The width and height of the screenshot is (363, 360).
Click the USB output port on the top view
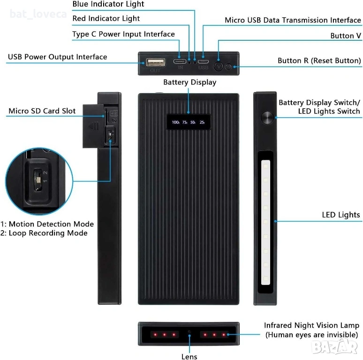click(x=155, y=62)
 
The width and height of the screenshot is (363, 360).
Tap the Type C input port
click(x=180, y=61)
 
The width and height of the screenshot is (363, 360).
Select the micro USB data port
click(x=203, y=61)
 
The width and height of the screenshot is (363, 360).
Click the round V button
click(x=219, y=66)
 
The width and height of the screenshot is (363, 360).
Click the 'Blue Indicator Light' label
click(x=108, y=4)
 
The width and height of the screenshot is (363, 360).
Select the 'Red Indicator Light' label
click(x=106, y=19)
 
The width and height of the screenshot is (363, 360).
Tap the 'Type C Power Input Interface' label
click(x=123, y=34)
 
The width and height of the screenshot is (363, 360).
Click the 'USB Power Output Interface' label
click(x=57, y=57)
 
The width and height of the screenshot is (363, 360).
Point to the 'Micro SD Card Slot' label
click(x=42, y=112)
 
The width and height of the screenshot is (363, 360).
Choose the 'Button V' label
click(x=342, y=36)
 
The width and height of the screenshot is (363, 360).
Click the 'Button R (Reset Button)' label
click(x=319, y=61)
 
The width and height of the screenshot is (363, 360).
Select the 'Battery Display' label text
click(x=189, y=82)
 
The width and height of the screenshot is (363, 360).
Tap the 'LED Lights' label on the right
click(x=340, y=215)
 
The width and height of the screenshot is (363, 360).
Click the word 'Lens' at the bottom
click(x=189, y=357)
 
